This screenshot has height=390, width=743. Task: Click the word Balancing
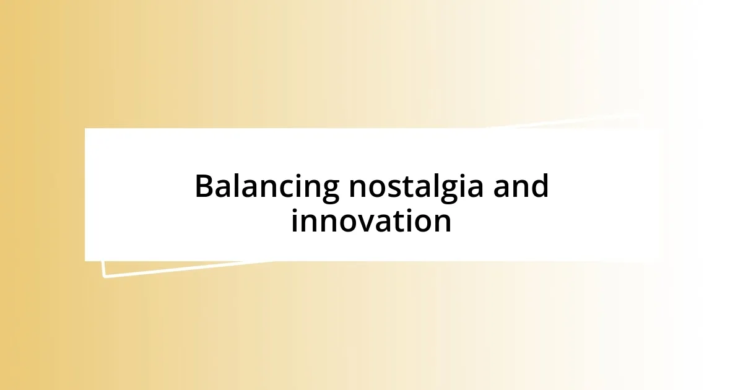point(267,187)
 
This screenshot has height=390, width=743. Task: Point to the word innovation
point(371,221)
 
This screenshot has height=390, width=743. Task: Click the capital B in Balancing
point(205,186)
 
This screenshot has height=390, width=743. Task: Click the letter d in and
point(540,186)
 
